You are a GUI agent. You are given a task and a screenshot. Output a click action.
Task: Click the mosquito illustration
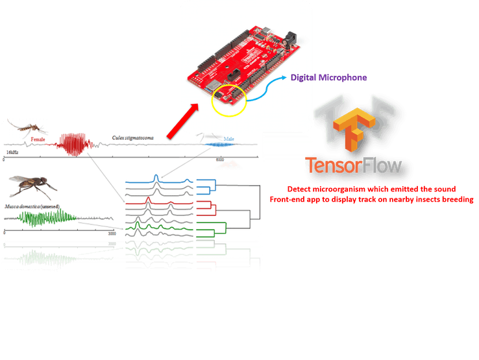(25, 127)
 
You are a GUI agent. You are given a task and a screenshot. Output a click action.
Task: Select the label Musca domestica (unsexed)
(32, 206)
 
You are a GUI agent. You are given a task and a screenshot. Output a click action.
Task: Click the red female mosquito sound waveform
(73, 144)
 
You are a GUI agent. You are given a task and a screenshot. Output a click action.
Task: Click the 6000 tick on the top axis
(219, 159)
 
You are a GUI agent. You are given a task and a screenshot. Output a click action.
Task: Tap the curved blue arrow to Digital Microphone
(263, 91)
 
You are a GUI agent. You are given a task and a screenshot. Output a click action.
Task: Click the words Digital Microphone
(328, 77)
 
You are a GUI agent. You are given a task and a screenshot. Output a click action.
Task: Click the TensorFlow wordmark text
(353, 165)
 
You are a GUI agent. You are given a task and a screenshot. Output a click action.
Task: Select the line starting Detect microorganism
(371, 189)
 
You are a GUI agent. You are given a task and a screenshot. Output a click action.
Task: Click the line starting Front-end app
(371, 200)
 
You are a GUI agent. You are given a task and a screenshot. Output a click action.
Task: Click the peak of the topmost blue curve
(156, 176)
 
